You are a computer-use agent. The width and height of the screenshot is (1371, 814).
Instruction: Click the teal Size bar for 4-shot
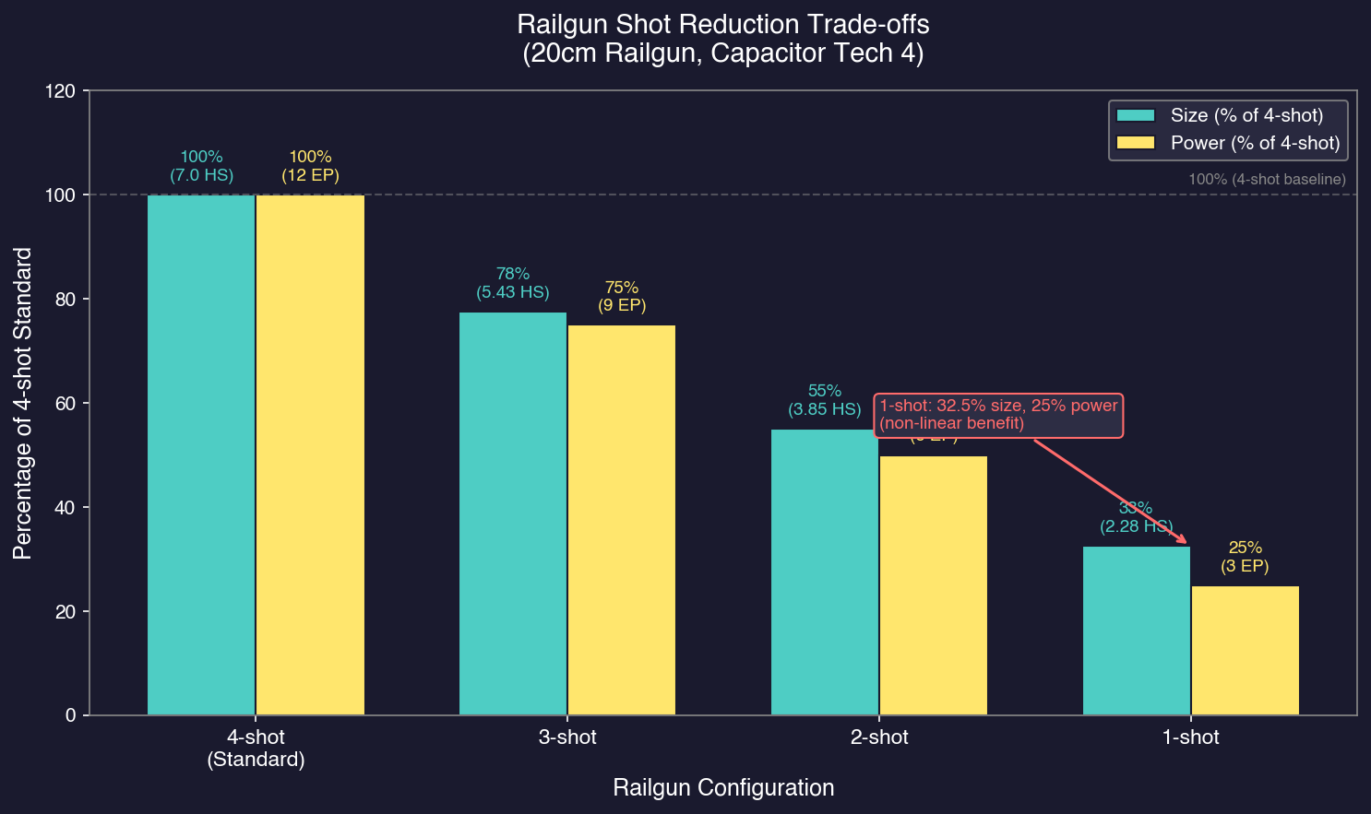coord(201,454)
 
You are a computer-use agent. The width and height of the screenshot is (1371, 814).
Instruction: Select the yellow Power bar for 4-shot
coord(310,454)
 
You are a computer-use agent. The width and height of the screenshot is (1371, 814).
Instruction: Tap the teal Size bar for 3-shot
coord(513,513)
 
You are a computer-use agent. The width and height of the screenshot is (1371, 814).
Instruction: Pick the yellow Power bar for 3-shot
coord(621,520)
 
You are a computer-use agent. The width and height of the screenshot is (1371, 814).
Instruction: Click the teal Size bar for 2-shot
coord(824,572)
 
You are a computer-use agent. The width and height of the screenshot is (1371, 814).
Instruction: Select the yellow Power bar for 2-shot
coord(933,585)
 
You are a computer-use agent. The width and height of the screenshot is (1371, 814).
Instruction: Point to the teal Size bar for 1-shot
coord(1136,631)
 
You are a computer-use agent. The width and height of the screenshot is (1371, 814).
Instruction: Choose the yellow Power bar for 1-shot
coord(1245,650)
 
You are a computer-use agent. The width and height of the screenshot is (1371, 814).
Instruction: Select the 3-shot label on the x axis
coord(567,737)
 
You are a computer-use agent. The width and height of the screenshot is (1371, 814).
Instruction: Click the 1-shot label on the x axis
coord(1190,737)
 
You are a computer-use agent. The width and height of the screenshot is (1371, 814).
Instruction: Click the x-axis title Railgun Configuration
coord(723,788)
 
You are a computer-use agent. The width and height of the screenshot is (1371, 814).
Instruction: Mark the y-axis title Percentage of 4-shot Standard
coord(23,403)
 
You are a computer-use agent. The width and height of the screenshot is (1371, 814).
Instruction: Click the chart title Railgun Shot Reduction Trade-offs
coord(723,24)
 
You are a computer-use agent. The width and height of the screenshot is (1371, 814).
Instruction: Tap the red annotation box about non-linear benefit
coord(998,415)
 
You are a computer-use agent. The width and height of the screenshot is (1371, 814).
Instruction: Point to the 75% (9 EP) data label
coord(621,297)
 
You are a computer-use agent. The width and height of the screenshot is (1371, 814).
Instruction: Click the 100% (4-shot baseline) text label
coord(1266,180)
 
